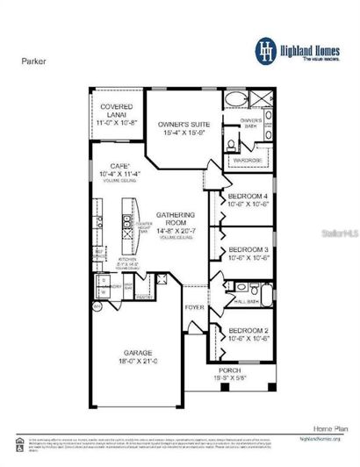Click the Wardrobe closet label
[248, 162]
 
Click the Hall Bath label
[248, 302]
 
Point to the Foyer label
[194, 307]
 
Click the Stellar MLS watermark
[330, 234]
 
